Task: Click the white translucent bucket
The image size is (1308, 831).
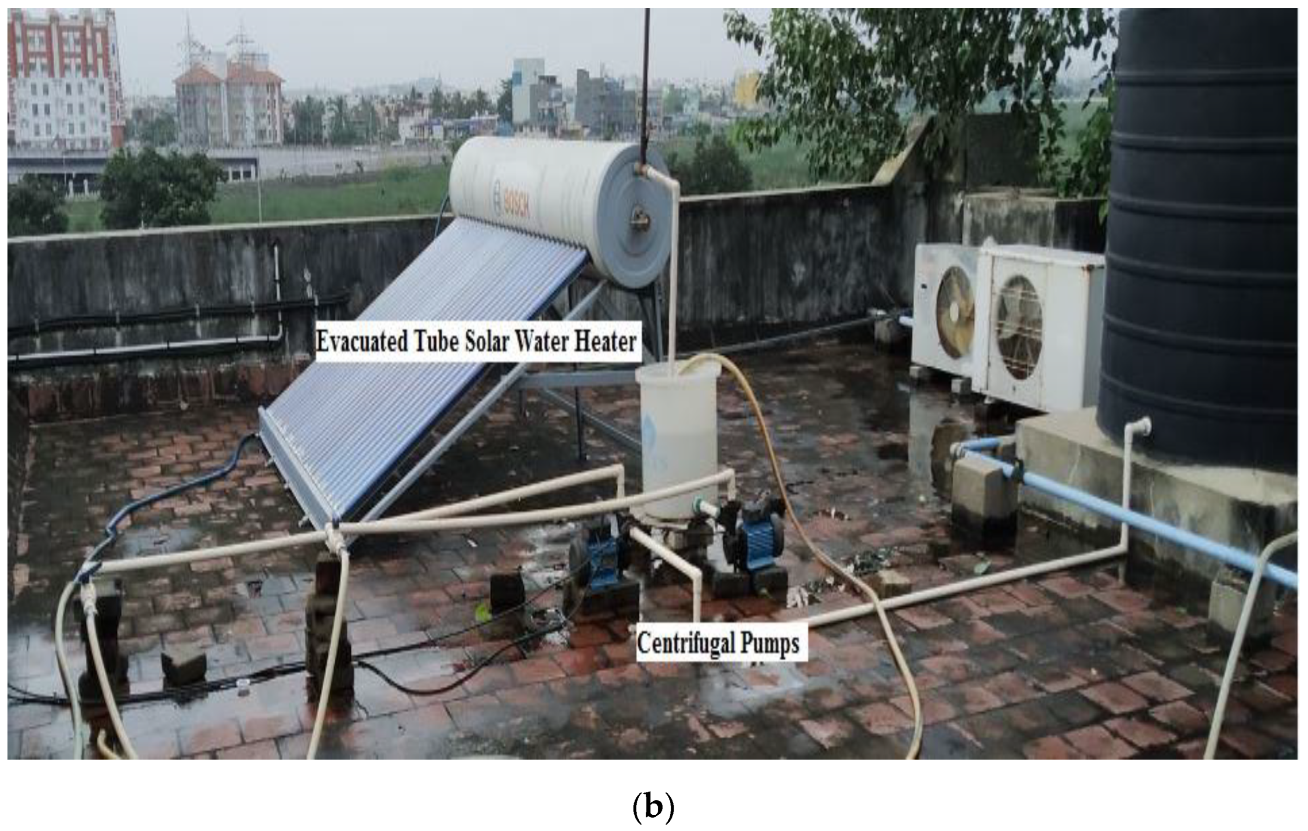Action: (x=678, y=435)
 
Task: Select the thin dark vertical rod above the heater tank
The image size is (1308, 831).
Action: (x=645, y=82)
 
